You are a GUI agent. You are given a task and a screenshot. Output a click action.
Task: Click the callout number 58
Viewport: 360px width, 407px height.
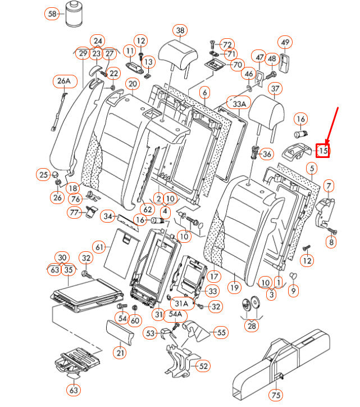pos(52,13)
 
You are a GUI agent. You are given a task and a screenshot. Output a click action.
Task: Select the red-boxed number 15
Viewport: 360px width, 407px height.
pos(323,150)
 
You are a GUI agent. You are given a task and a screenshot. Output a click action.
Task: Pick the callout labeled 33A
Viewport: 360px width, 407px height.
pos(239,104)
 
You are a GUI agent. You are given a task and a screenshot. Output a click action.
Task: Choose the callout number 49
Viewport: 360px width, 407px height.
pos(285,42)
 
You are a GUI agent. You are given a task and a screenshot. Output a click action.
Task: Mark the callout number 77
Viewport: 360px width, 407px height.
pos(74,212)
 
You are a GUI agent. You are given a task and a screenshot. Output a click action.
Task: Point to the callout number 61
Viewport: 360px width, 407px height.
pos(100,247)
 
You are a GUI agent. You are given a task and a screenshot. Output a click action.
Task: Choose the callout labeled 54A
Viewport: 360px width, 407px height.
pos(176,314)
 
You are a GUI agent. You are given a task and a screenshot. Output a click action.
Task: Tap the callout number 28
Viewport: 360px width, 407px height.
pos(252,325)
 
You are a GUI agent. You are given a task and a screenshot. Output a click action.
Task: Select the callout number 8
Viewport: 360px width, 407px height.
pos(331,242)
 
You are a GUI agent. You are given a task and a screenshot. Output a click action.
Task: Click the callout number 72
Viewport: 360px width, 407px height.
pos(227,44)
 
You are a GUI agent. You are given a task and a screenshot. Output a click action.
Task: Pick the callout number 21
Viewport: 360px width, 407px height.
pos(119,353)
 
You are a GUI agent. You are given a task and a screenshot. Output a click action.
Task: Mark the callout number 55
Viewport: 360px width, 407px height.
pos(221,332)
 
